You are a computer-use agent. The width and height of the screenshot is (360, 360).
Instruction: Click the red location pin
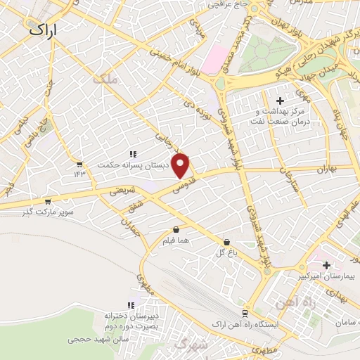[181, 165]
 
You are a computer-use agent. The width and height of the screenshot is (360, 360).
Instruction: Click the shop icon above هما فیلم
[176, 229]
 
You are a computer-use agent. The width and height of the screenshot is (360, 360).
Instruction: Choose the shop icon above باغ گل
[226, 241]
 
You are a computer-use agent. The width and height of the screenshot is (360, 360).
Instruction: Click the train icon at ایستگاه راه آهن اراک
[244, 314]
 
